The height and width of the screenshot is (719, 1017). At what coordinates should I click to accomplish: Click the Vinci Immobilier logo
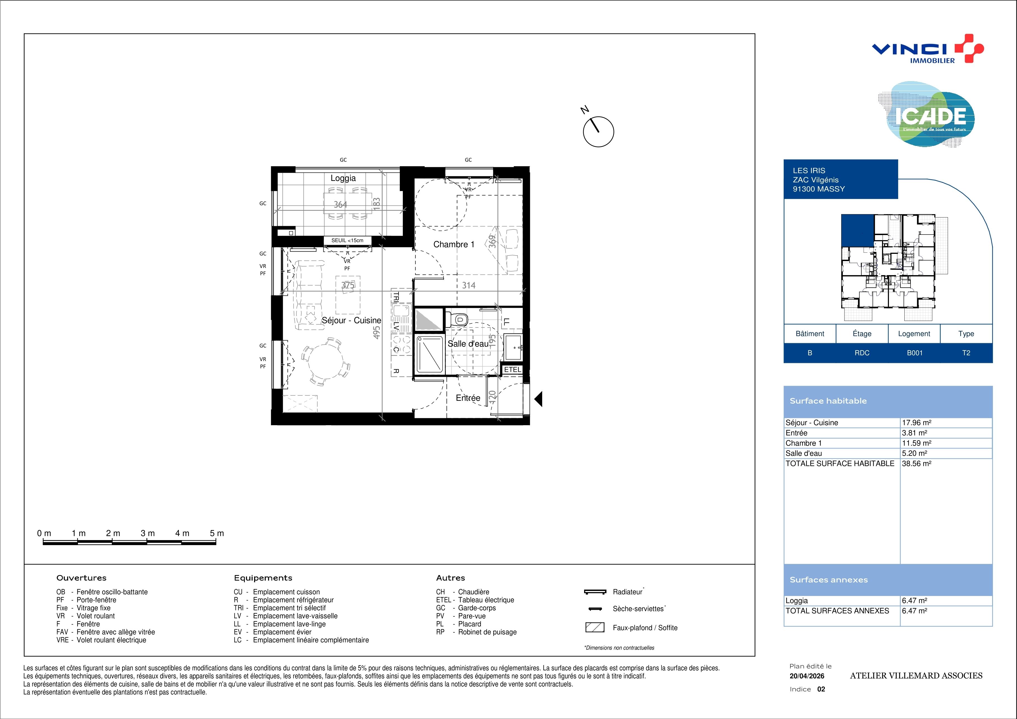928,49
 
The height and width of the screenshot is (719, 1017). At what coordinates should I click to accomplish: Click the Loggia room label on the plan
343,178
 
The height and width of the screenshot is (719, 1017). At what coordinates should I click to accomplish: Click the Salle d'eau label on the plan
468,344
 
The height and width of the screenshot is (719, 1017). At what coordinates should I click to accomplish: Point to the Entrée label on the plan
468,398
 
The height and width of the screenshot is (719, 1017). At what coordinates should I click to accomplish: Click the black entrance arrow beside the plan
538,399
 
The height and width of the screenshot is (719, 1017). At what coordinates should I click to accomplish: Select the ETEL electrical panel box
513,370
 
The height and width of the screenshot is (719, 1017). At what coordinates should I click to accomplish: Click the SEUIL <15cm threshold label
347,241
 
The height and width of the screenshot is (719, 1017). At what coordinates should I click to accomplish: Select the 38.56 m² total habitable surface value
916,463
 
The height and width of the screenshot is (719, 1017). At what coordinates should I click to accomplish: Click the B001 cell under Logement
914,353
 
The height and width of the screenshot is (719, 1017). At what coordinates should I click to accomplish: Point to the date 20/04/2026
807,676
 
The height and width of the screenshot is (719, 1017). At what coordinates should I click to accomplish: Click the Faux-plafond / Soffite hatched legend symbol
595,627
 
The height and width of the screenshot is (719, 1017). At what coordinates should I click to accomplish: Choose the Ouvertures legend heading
82,578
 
